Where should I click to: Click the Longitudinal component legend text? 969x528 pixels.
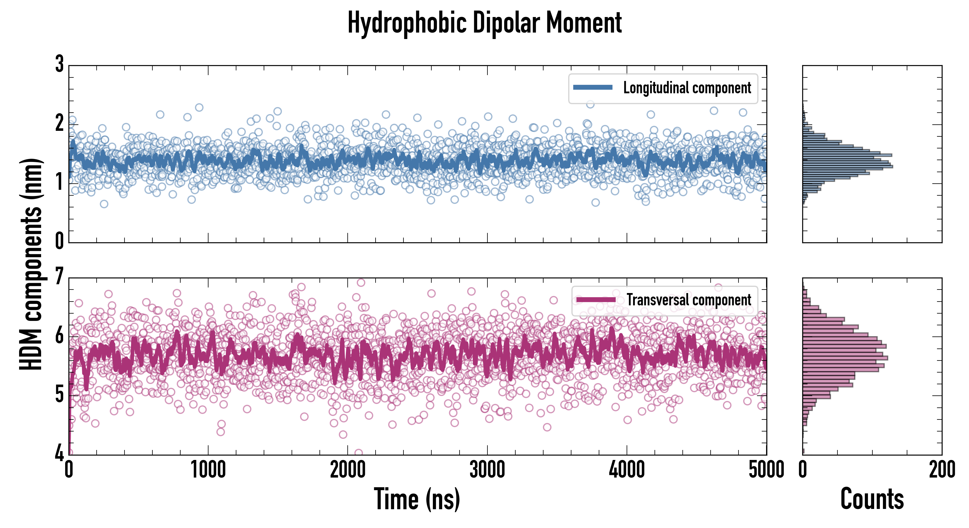click(x=687, y=88)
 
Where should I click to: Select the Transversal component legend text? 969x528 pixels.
click(x=689, y=300)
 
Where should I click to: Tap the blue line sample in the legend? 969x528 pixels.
click(x=593, y=88)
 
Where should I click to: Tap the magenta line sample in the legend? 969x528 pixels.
click(x=595, y=299)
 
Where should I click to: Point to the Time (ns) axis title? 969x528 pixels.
click(x=417, y=499)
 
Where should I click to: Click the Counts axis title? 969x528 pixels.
click(x=872, y=499)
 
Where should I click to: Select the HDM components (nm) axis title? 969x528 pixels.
click(x=31, y=264)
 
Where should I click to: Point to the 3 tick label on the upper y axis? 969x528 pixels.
click(x=59, y=64)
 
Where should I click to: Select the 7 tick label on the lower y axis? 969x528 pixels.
click(x=59, y=277)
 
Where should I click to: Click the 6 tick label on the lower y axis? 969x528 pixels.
click(x=59, y=336)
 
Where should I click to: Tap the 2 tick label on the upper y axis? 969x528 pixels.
click(x=59, y=123)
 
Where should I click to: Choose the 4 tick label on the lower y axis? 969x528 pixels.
click(x=59, y=453)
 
